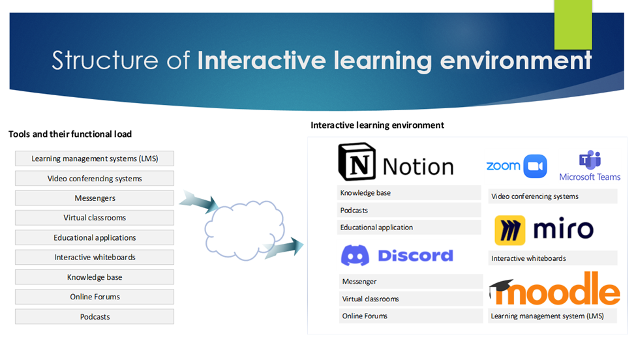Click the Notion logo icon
pyautogui.click(x=357, y=162)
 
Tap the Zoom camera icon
pyautogui.click(x=535, y=166)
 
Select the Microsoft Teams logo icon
pyautogui.click(x=590, y=159)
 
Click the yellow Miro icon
pyautogui.click(x=510, y=230)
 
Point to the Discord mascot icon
pyautogui.click(x=355, y=256)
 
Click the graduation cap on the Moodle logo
pyautogui.click(x=502, y=288)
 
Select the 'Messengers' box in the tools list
pyautogui.click(x=95, y=198)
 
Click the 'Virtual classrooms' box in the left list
pyautogui.click(x=95, y=218)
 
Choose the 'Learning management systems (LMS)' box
pyautogui.click(x=95, y=158)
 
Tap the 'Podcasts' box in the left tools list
pyautogui.click(x=95, y=316)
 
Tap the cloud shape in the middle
pyautogui.click(x=244, y=230)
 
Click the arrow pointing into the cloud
pyautogui.click(x=199, y=202)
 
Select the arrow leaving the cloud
pyautogui.click(x=284, y=248)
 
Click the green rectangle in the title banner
pyautogui.click(x=573, y=25)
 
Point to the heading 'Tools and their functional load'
pyautogui.click(x=70, y=134)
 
